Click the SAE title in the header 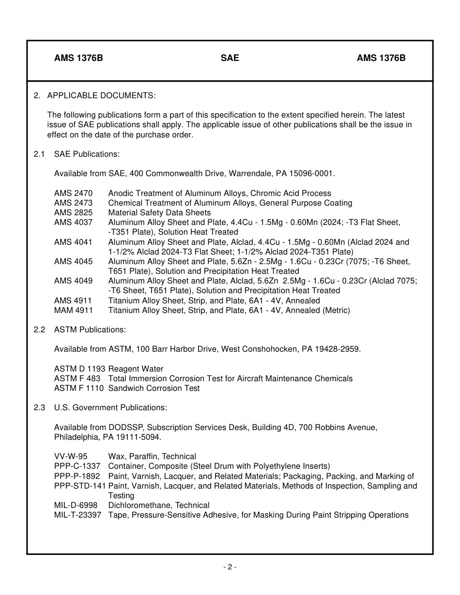click(230, 58)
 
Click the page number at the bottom click(230, 567)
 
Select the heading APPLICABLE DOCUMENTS click(101, 95)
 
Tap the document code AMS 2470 click(73, 193)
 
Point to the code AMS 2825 click(73, 212)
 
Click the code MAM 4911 click(73, 310)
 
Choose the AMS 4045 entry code click(73, 261)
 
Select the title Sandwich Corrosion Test click(153, 388)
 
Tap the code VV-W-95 click(71, 456)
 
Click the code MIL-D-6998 click(76, 505)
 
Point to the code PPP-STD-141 click(80, 486)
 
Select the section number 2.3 click(39, 407)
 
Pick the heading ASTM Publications click(90, 329)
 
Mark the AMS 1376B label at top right click(381, 58)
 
